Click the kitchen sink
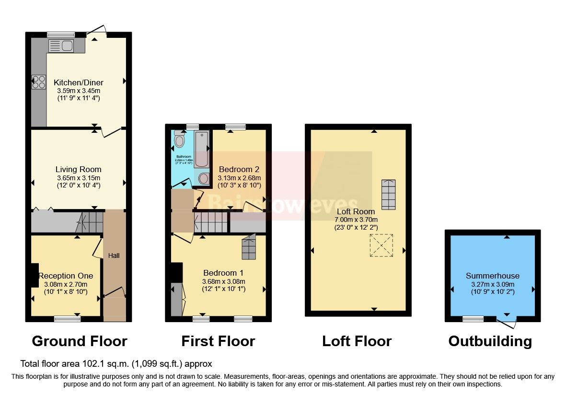(x=60, y=46)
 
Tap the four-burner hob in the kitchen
(x=38, y=82)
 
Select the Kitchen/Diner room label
(x=79, y=82)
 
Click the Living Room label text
(x=79, y=169)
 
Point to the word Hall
(x=114, y=256)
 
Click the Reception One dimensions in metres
(x=65, y=284)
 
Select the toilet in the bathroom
(x=180, y=140)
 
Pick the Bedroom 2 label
(x=239, y=169)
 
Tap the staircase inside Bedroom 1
(x=249, y=247)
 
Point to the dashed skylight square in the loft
(x=381, y=245)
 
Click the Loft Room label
(x=356, y=211)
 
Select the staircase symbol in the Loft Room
(x=389, y=191)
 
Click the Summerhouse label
(x=493, y=276)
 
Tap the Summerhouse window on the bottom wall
(x=473, y=318)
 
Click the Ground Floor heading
(x=79, y=341)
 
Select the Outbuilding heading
(x=490, y=341)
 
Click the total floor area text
(x=116, y=364)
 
